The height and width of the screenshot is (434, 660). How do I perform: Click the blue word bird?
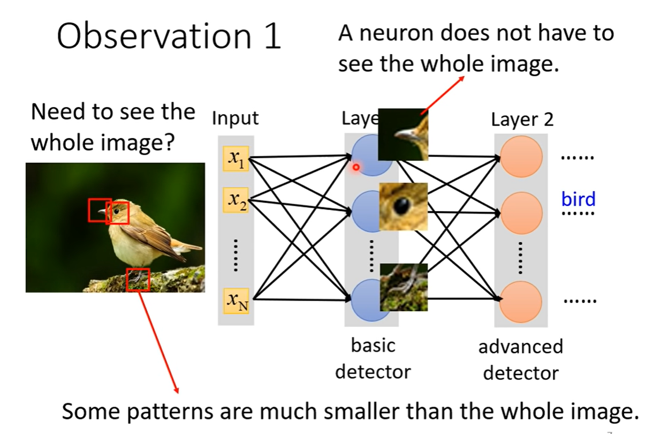click(x=578, y=199)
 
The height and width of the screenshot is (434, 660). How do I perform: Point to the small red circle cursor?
click(x=356, y=168)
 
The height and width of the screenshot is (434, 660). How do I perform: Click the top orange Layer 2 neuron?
click(x=521, y=157)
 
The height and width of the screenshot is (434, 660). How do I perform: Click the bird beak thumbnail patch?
click(x=403, y=134)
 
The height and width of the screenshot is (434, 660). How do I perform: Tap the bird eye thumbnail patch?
click(x=403, y=206)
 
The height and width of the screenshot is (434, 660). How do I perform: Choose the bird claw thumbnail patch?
click(x=403, y=287)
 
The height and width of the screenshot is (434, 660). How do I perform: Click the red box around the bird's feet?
click(x=138, y=280)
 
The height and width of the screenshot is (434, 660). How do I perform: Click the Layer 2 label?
click(x=522, y=119)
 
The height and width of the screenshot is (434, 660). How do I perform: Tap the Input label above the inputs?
click(x=235, y=118)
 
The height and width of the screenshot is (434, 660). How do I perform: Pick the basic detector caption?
click(x=373, y=358)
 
